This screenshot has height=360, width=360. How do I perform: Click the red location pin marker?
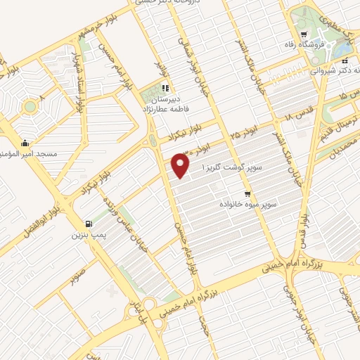(181, 166)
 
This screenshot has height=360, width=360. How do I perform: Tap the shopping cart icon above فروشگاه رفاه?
(303, 35)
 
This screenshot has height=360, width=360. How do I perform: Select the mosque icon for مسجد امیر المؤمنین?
(25, 143)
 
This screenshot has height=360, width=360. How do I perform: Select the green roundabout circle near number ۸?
(30, 108)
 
